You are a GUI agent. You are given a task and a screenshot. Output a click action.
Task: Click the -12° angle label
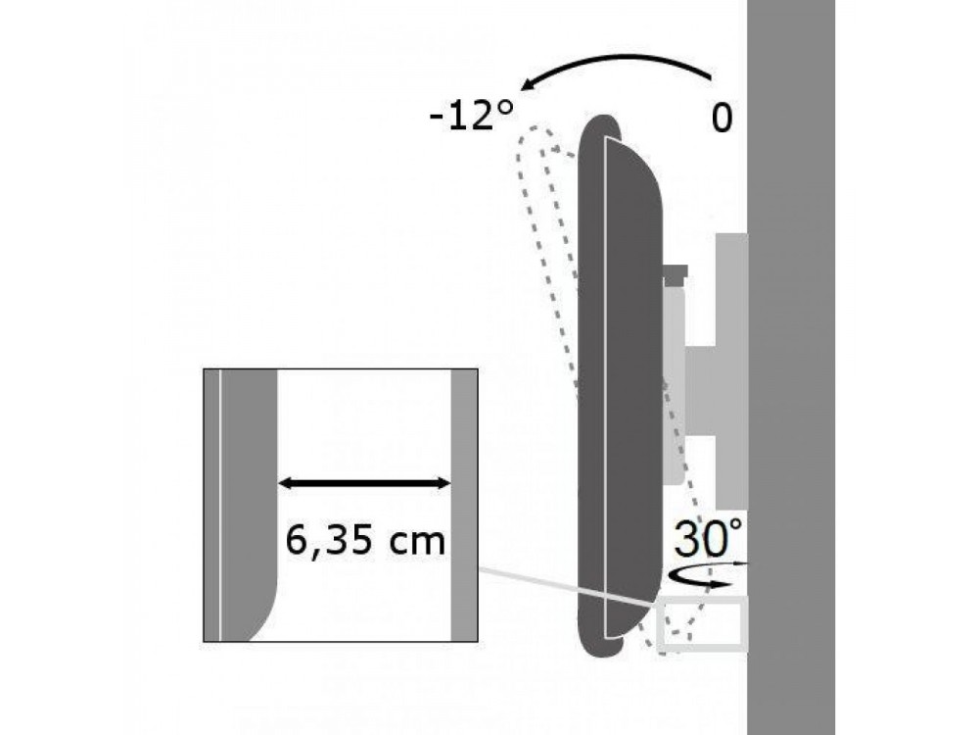pyautogui.click(x=472, y=117)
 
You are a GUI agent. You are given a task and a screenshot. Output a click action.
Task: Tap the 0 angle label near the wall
pyautogui.click(x=722, y=118)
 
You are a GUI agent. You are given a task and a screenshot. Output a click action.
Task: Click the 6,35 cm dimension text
pyautogui.click(x=365, y=541)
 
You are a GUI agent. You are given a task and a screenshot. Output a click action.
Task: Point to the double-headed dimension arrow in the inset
pyautogui.click(x=364, y=483)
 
